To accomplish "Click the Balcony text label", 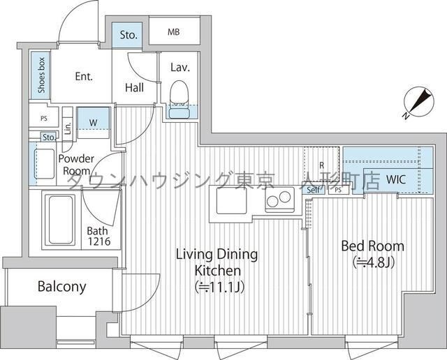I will click(61, 287).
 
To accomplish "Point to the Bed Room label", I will click(372, 246).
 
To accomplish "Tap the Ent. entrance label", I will click(83, 77).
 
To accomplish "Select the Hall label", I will click(135, 87).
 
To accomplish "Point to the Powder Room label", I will click(75, 165).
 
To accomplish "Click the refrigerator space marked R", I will click(321, 165).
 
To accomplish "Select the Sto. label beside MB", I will click(128, 35).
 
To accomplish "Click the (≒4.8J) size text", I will click(372, 263).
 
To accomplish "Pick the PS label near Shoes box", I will click(43, 118).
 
